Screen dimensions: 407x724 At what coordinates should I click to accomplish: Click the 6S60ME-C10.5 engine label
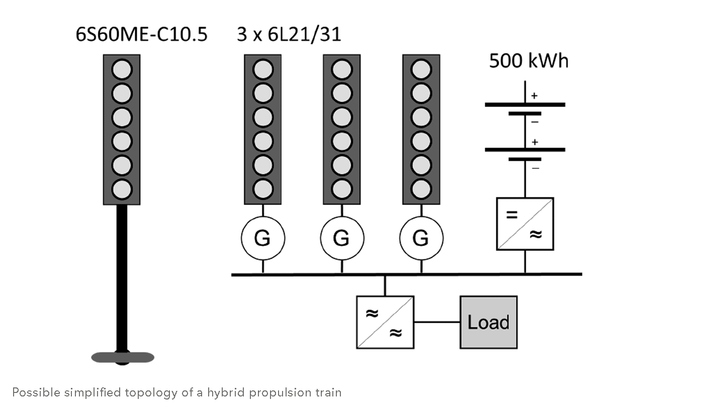click(141, 35)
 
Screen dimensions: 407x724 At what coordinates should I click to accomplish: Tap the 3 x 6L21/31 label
click(289, 35)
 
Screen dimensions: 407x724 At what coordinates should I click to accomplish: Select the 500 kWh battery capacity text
click(528, 61)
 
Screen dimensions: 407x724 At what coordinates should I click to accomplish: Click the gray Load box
click(488, 322)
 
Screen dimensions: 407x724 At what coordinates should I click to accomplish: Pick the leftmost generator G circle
click(262, 238)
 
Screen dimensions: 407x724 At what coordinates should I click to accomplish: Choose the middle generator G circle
click(342, 238)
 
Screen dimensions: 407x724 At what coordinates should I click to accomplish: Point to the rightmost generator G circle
click(421, 238)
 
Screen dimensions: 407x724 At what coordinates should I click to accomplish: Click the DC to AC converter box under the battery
click(525, 224)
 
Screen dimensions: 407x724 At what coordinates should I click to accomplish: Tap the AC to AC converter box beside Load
click(385, 322)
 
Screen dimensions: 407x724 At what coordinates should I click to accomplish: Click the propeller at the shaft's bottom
click(123, 357)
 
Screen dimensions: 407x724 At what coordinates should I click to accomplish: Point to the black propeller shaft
click(122, 276)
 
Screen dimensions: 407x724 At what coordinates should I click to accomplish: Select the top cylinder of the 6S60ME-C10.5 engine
click(122, 69)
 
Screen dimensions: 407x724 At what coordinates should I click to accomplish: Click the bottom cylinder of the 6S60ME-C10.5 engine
click(122, 189)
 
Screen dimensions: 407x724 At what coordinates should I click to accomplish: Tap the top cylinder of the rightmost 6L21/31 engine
click(421, 69)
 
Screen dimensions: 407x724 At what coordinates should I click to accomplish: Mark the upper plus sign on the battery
click(534, 95)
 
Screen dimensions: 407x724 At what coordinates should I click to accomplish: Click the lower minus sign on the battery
click(535, 167)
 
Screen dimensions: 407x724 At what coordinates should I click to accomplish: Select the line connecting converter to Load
click(437, 322)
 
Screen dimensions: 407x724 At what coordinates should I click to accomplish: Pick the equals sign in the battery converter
click(511, 215)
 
